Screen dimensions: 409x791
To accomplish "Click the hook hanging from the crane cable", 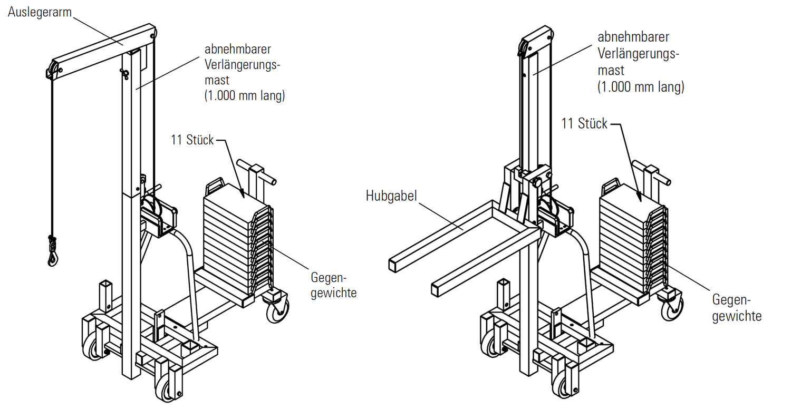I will coord(52,257).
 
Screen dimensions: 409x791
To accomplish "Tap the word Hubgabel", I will coord(391,197).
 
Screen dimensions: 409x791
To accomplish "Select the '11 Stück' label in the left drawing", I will coord(192,140).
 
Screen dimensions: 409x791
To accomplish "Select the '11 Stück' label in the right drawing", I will coord(584,124).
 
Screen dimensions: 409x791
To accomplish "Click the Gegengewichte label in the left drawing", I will coord(333,285).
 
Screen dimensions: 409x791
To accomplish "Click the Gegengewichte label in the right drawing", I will coord(736,308).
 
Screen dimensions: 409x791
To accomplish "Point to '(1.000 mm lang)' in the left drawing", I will coord(245,96).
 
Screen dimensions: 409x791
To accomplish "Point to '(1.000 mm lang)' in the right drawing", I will coord(641,87).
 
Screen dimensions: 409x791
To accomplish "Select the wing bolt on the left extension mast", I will coord(124,74).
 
